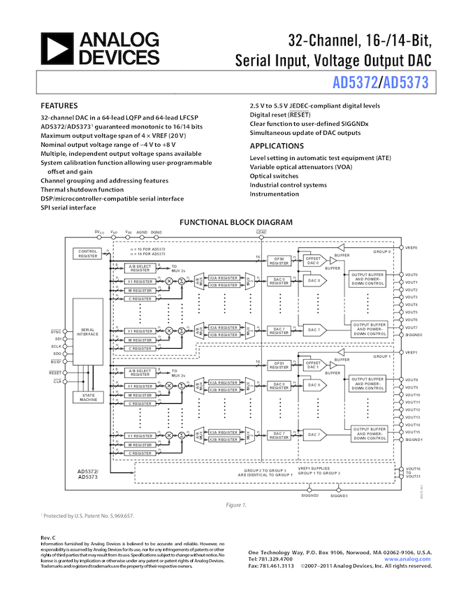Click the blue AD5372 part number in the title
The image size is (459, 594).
(355, 84)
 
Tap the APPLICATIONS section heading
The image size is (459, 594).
(277, 146)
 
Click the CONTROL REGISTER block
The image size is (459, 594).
(88, 254)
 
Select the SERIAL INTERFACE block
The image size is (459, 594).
(88, 332)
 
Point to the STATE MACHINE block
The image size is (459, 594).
(88, 397)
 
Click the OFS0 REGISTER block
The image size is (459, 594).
(279, 262)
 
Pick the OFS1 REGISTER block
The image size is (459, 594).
(279, 365)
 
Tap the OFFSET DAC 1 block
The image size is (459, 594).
(313, 365)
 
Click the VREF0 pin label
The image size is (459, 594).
(411, 247)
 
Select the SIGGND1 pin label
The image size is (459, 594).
(413, 440)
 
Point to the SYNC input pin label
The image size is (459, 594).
(56, 331)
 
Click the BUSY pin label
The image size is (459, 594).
(56, 362)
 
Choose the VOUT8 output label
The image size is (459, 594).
(411, 379)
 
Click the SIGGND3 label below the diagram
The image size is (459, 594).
(339, 495)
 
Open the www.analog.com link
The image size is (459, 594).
(407, 559)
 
